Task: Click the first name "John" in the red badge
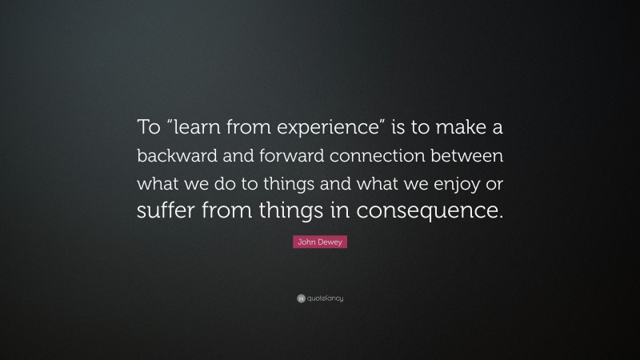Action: (x=307, y=242)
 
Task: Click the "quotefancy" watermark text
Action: (x=325, y=298)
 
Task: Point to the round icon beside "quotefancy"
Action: (x=301, y=298)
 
